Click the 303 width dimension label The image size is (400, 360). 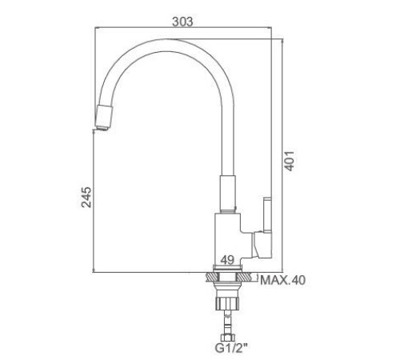[182, 22]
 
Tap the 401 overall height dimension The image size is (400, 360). [289, 161]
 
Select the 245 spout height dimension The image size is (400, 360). [86, 197]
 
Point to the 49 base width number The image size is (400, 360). [227, 260]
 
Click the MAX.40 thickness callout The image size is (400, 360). [282, 280]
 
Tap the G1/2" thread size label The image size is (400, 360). [231, 348]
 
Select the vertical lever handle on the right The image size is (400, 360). [267, 214]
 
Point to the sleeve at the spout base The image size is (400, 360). [228, 193]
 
